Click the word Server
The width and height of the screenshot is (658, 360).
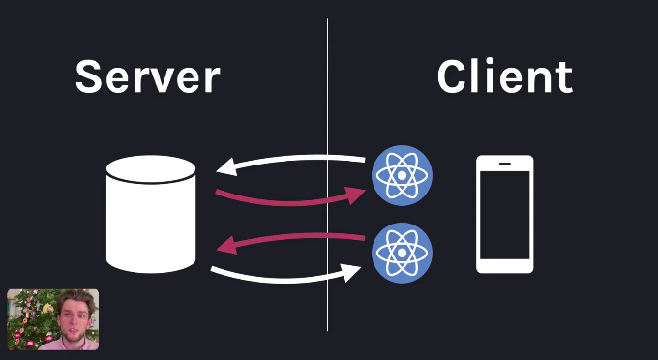(x=147, y=76)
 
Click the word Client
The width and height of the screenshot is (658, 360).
(x=504, y=76)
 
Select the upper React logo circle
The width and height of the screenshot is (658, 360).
(x=403, y=175)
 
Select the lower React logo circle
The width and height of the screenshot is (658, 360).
(x=403, y=254)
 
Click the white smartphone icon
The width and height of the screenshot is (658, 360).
(x=505, y=214)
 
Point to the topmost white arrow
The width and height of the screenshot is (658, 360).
(x=290, y=162)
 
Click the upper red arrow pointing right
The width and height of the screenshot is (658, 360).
(x=290, y=200)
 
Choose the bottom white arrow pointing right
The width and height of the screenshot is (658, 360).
(x=290, y=279)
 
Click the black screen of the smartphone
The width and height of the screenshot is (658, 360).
(x=505, y=215)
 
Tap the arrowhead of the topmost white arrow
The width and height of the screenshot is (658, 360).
(x=224, y=167)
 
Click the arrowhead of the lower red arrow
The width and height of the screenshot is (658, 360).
(x=224, y=246)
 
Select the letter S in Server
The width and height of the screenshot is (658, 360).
(x=90, y=76)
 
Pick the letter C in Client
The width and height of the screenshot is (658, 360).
(x=453, y=76)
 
